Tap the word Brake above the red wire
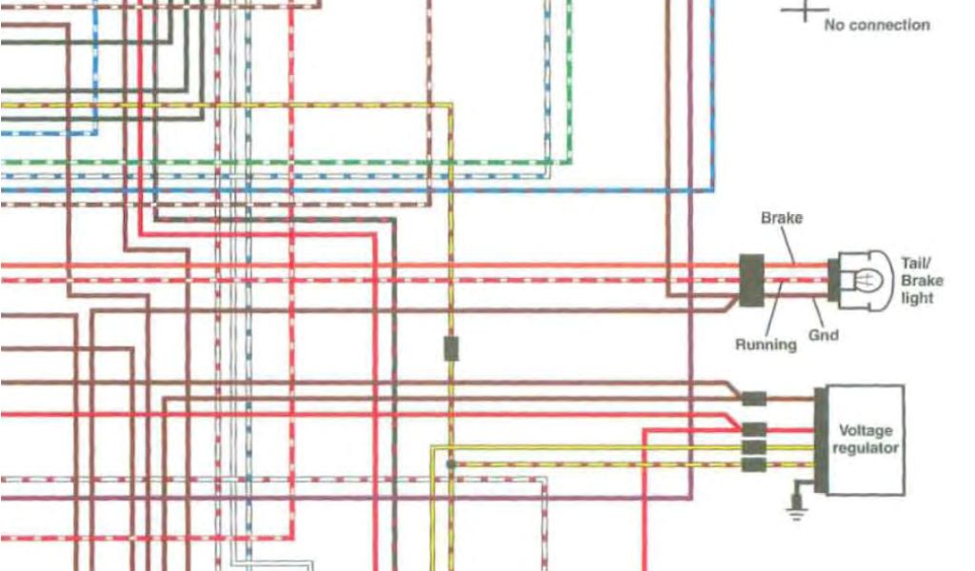(781, 218)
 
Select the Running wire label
(766, 345)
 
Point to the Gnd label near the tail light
(825, 335)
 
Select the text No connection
(876, 25)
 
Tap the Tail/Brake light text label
(921, 280)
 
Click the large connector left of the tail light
(751, 281)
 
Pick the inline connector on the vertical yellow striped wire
(451, 348)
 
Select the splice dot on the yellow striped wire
(450, 464)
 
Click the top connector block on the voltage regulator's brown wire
(754, 399)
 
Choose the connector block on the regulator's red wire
(754, 428)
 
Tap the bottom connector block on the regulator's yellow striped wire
(754, 464)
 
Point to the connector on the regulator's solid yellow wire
(754, 446)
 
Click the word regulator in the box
(866, 448)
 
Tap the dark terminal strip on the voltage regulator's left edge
(820, 441)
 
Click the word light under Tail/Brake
(919, 298)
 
